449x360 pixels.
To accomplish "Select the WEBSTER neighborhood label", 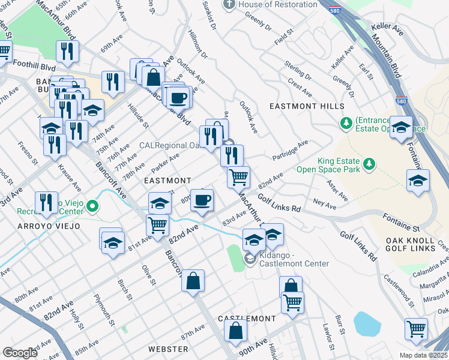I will (168, 349).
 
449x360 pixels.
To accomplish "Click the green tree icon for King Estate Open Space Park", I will (370, 164).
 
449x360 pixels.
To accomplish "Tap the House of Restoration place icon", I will (228, 5).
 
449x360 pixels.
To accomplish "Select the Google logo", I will (20, 353).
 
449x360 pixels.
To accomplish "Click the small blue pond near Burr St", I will (367, 324).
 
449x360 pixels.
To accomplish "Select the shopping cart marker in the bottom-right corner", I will (416, 328).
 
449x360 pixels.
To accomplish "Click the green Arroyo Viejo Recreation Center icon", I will (92, 207).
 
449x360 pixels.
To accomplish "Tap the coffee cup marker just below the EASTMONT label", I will (202, 200).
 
